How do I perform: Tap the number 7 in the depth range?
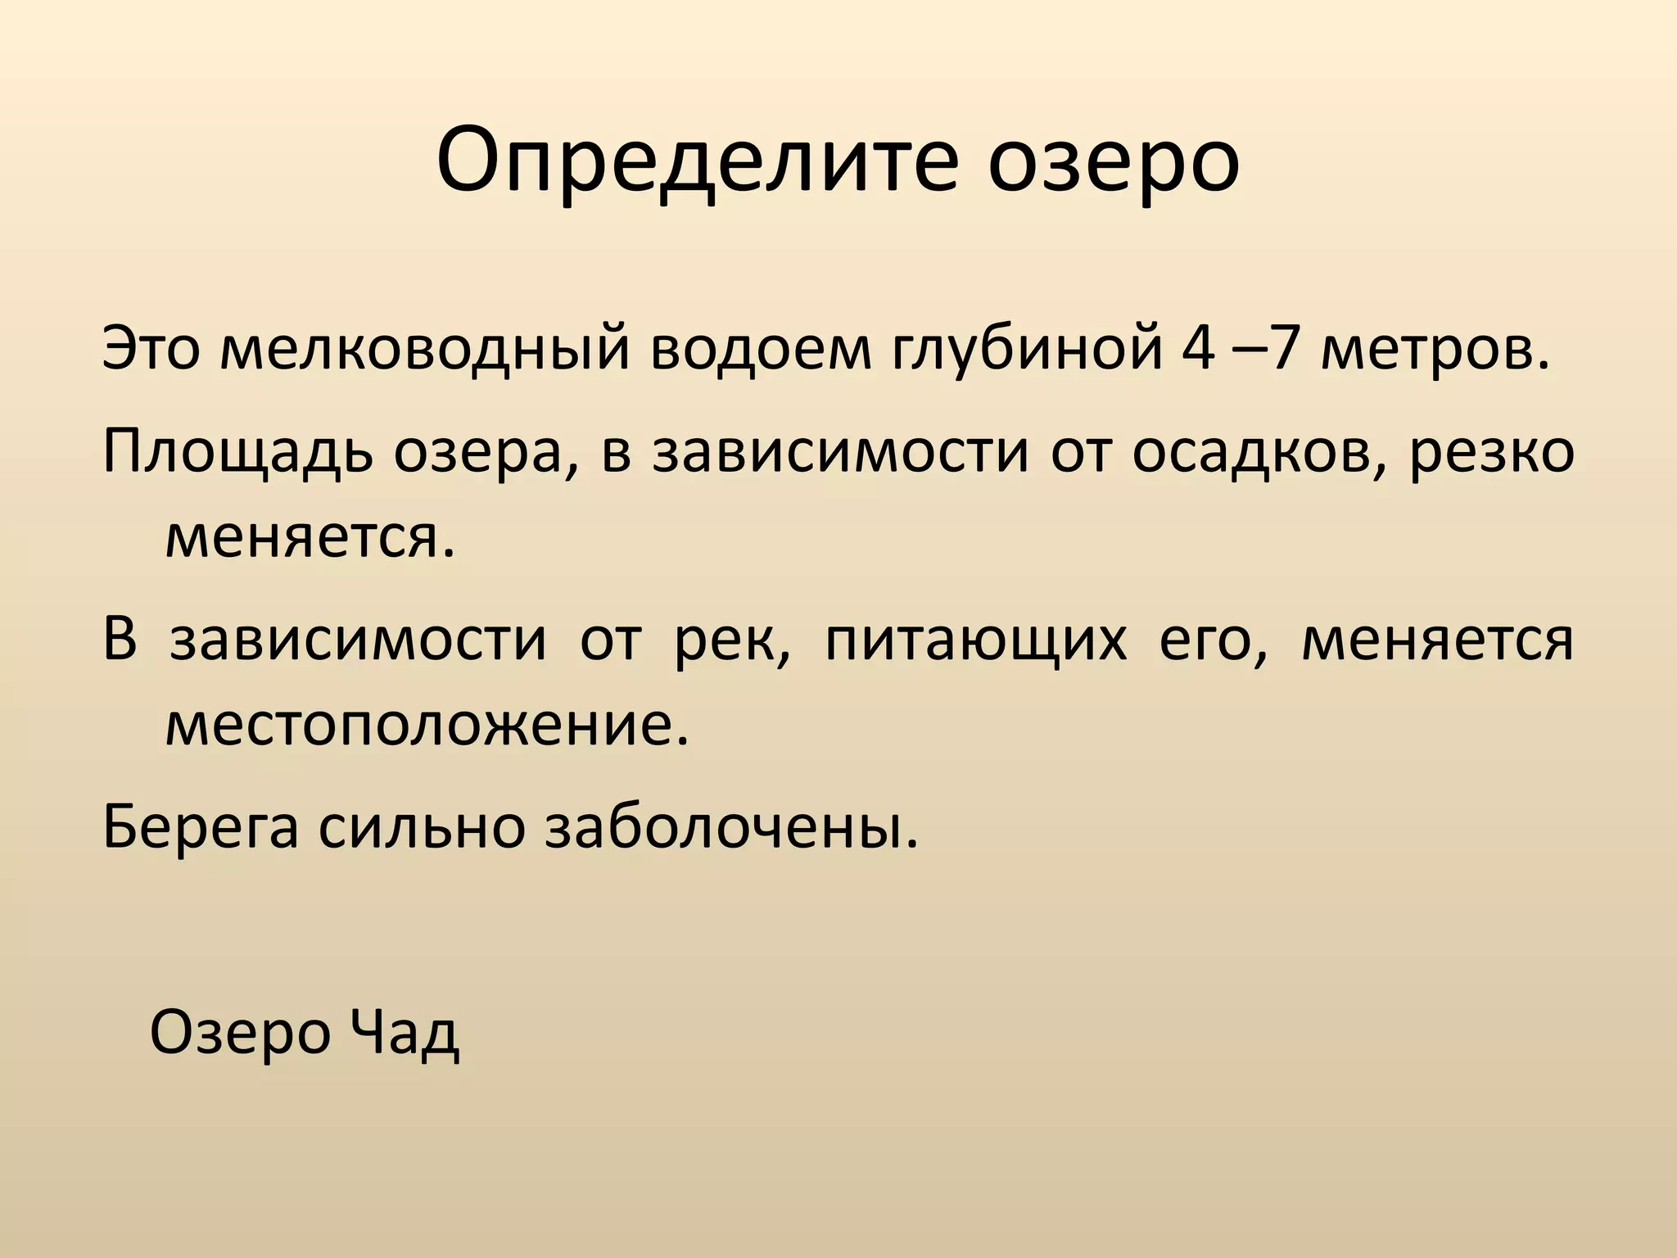coord(1291,349)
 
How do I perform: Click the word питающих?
coord(975,640)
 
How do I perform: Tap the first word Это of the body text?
coord(151,349)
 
